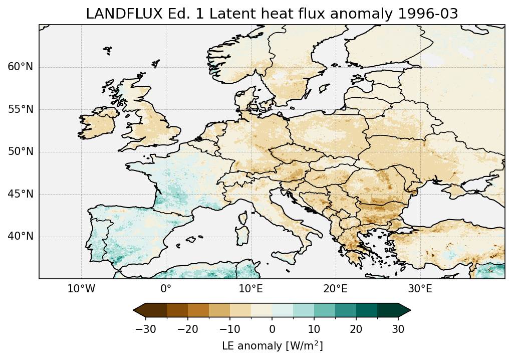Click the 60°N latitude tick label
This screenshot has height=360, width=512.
point(21,67)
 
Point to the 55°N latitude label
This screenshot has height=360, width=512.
point(21,109)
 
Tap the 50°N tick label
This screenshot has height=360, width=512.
point(21,152)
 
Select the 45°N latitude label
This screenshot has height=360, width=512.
point(21,194)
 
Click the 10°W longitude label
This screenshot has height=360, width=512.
point(81,289)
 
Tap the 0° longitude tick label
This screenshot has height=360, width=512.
point(166,289)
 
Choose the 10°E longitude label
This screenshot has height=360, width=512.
point(250,289)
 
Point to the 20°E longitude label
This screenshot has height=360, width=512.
point(335,289)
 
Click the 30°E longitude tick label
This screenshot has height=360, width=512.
point(420,289)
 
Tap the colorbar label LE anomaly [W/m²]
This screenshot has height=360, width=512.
point(272,346)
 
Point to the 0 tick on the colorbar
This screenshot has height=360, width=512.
point(272,329)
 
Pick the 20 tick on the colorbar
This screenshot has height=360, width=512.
point(356,329)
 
